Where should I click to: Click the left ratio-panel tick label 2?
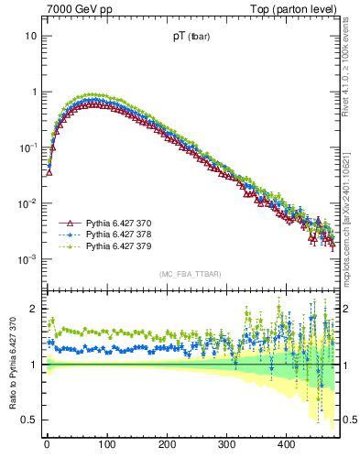coord(33,309)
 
